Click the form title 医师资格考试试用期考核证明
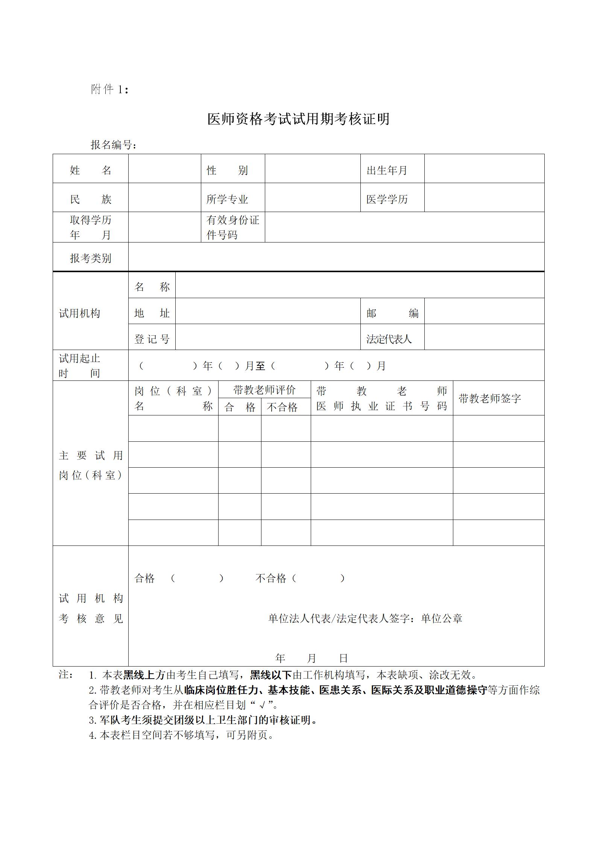(298, 119)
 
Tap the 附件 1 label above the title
(109, 89)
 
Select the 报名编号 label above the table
(113, 145)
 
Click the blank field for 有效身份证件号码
(404, 227)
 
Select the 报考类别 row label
(90, 258)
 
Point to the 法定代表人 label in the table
(389, 339)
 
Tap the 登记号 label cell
(152, 339)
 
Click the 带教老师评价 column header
(264, 390)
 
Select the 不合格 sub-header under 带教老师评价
(282, 407)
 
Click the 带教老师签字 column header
(490, 399)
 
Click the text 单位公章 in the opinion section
(442, 618)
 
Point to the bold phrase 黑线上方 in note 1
(144, 675)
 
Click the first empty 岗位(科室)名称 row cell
(173, 429)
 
